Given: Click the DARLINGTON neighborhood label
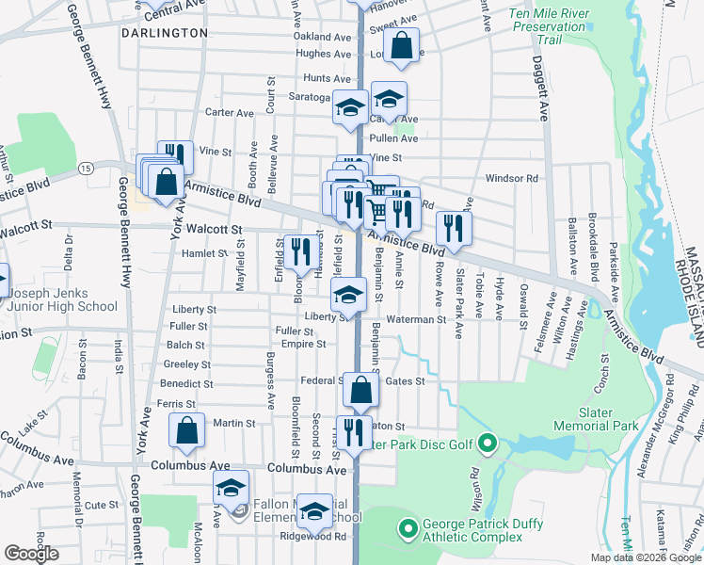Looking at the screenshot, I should [165, 32].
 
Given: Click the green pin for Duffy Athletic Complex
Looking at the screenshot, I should [408, 529].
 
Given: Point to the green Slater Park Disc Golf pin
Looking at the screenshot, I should [487, 443].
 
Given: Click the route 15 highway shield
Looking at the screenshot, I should [86, 168].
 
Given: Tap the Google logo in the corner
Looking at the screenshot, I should [31, 554].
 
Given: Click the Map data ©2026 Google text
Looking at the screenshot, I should [646, 557].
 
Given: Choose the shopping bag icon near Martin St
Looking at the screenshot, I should [187, 432].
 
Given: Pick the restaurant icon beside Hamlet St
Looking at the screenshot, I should [301, 251].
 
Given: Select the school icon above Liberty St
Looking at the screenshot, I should [348, 295].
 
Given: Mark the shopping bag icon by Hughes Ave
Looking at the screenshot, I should [401, 46].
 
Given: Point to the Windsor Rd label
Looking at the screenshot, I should [511, 178].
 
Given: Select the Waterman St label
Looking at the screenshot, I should [414, 319].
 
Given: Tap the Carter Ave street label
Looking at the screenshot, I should [230, 113].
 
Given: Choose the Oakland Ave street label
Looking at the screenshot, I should [321, 37].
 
